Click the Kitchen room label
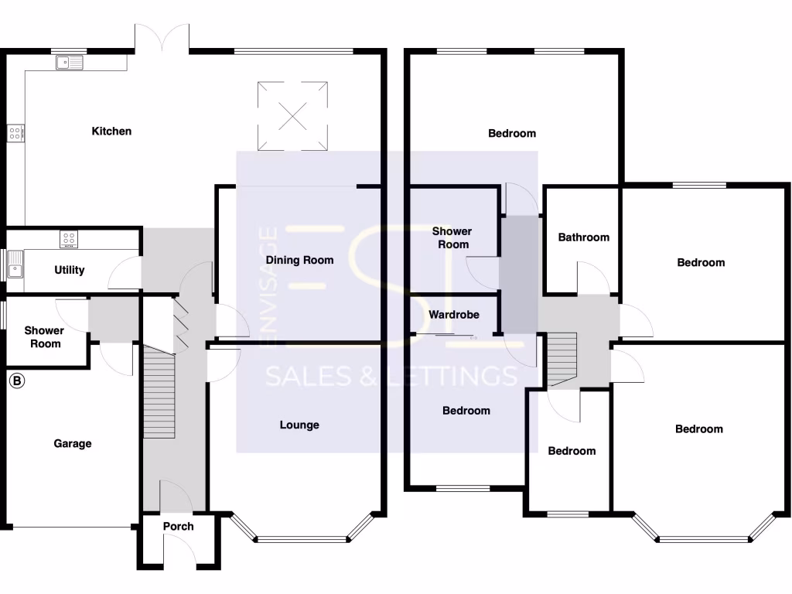tap(111, 131)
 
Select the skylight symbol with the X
tap(293, 115)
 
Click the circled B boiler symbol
tap(16, 381)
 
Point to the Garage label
tap(73, 444)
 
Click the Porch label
tap(178, 527)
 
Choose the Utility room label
tap(70, 270)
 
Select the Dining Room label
tap(299, 260)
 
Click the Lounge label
tap(299, 425)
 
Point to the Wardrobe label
tap(454, 315)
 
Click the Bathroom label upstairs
tap(584, 237)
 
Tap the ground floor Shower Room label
tap(44, 337)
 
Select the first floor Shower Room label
tap(452, 237)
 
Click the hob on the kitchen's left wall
tap(15, 133)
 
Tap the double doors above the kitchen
tap(162, 39)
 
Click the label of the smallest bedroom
tap(572, 451)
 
